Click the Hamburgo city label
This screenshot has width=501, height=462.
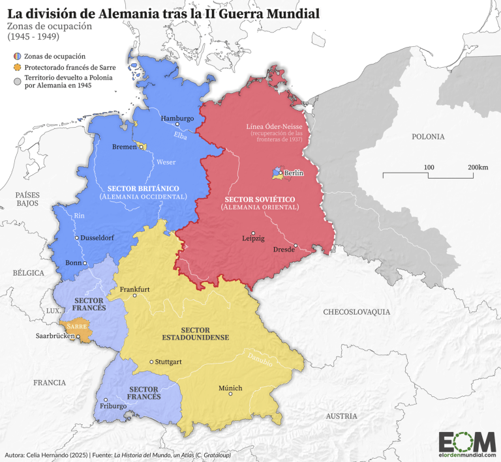tap(177, 118)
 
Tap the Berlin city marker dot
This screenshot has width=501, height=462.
tap(282, 173)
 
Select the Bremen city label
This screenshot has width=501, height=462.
tap(124, 147)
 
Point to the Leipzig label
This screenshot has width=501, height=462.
tap(253, 238)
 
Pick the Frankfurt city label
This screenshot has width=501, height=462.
tap(135, 289)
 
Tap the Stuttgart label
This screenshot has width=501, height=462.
tap(168, 362)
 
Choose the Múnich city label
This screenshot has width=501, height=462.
tap(230, 388)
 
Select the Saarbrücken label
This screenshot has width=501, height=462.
tap(53, 337)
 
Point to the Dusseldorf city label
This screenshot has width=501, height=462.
tap(98, 238)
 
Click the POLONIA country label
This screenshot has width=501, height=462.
tap(428, 137)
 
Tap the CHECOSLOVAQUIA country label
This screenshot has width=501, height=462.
tap(356, 312)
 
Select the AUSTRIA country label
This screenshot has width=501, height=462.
tap(341, 416)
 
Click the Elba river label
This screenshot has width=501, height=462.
tap(179, 136)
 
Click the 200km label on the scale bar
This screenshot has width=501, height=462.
tap(478, 167)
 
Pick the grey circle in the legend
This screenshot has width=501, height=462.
tap(15, 80)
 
